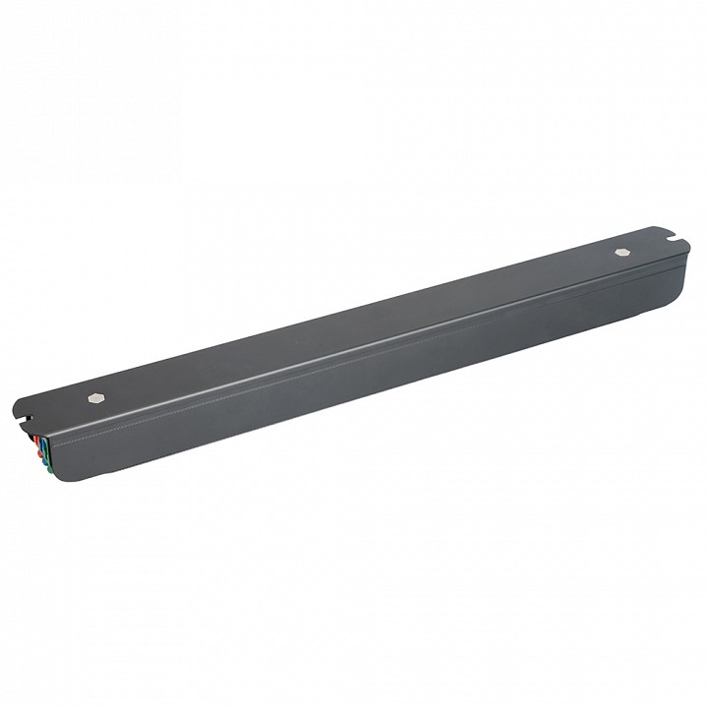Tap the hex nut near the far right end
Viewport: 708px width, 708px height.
(620, 252)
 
